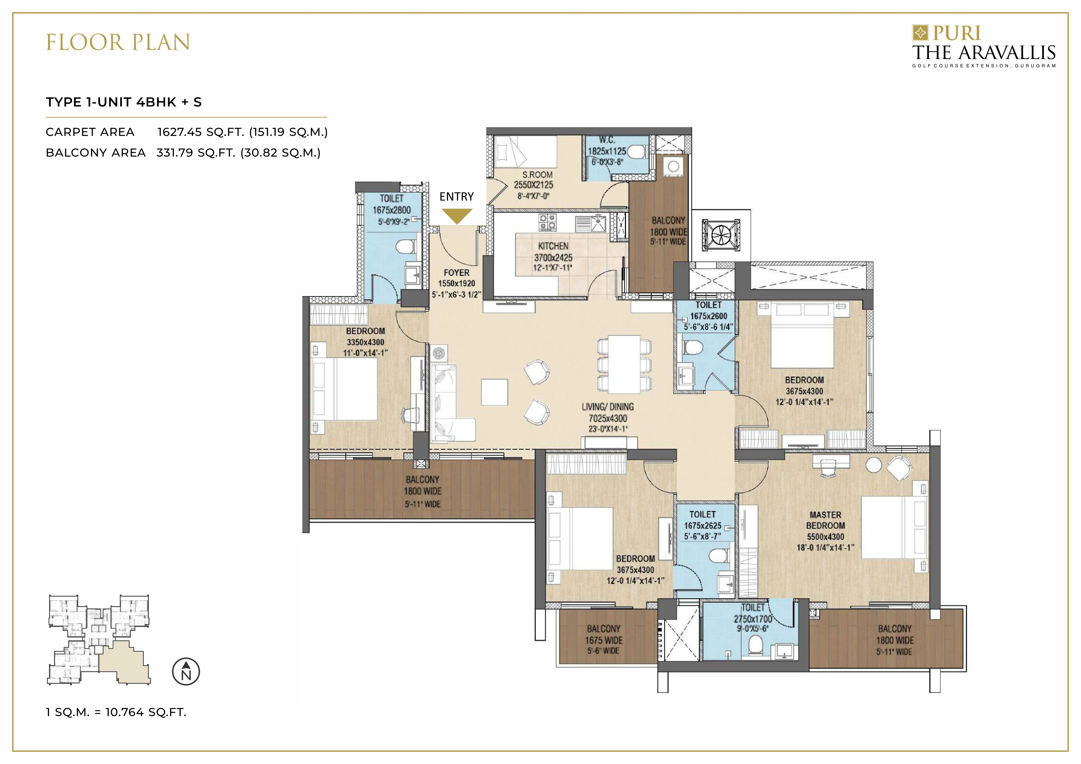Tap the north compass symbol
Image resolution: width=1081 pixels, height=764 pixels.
[x=186, y=671]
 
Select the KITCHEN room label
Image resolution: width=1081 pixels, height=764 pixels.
[x=553, y=246]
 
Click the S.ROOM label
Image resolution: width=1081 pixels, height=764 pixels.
[x=537, y=174]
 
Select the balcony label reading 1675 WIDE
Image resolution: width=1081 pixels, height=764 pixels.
[x=604, y=640]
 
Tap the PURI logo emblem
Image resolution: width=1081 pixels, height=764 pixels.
[x=920, y=33]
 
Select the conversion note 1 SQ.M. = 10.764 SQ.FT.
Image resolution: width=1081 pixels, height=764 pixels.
[x=116, y=712]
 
